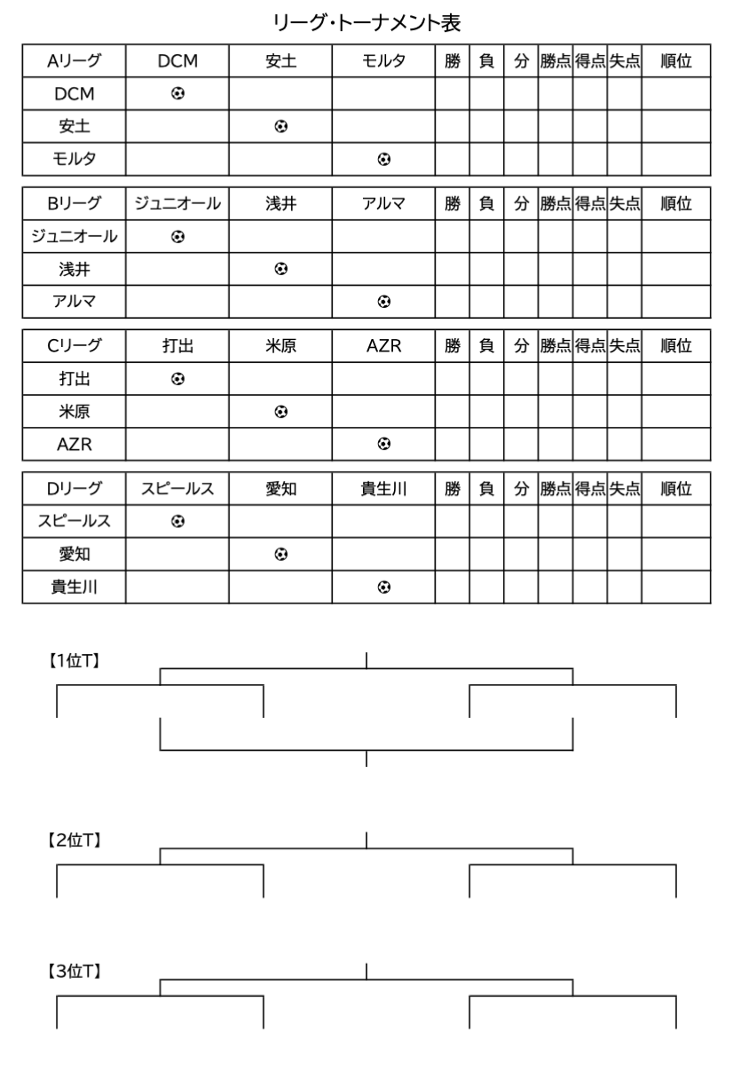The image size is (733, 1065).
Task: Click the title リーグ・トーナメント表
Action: pyautogui.click(x=366, y=19)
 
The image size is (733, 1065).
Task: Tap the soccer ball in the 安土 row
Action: pyautogui.click(x=280, y=126)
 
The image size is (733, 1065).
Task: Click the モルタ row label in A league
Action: pyautogui.click(x=74, y=159)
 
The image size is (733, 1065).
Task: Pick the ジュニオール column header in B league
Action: pyautogui.click(x=177, y=203)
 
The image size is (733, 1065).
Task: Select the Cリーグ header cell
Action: pyautogui.click(x=74, y=346)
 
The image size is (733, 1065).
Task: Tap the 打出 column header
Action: pyautogui.click(x=177, y=346)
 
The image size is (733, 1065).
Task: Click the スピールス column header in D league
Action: pyautogui.click(x=177, y=489)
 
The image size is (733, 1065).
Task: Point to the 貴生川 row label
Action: pyautogui.click(x=74, y=587)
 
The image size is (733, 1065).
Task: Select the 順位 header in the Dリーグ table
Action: pyautogui.click(x=676, y=489)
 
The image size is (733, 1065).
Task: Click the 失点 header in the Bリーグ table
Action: pyautogui.click(x=624, y=203)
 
